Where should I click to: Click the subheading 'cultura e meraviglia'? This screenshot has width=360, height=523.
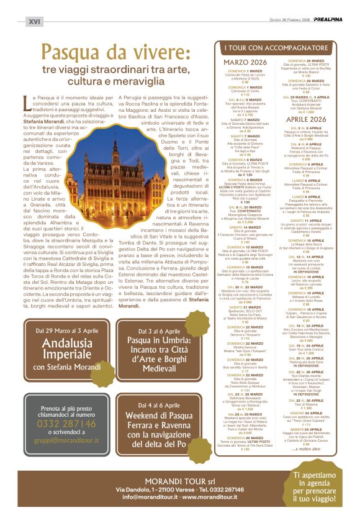[110, 81]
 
